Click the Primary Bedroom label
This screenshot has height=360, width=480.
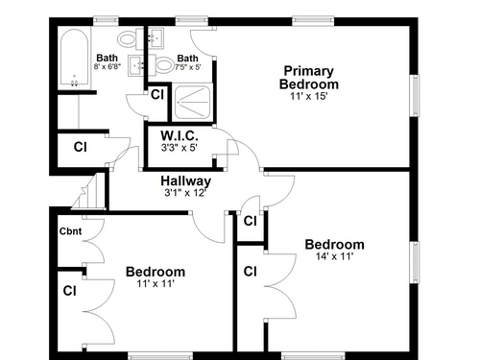point(309,78)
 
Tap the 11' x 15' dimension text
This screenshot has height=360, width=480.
point(309,96)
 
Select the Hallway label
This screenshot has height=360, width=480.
point(186,181)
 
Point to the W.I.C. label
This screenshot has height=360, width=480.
point(180,135)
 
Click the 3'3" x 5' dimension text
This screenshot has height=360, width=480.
point(180,148)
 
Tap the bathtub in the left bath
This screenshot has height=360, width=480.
point(75,59)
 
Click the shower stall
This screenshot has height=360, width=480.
point(192,103)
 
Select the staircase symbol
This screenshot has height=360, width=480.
point(88,192)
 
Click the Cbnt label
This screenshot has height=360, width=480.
point(70,231)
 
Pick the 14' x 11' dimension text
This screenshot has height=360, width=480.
point(335,256)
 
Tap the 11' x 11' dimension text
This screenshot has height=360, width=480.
point(156,283)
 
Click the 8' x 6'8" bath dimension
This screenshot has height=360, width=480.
point(108,66)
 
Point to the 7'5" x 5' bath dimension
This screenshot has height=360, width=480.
point(188,67)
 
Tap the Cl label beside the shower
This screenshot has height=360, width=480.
point(157,95)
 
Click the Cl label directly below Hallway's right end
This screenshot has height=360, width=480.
point(250,221)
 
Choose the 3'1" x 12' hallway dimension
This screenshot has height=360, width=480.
point(184,193)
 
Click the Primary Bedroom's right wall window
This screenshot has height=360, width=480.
point(415,96)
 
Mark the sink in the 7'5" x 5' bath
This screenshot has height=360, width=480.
point(156,37)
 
